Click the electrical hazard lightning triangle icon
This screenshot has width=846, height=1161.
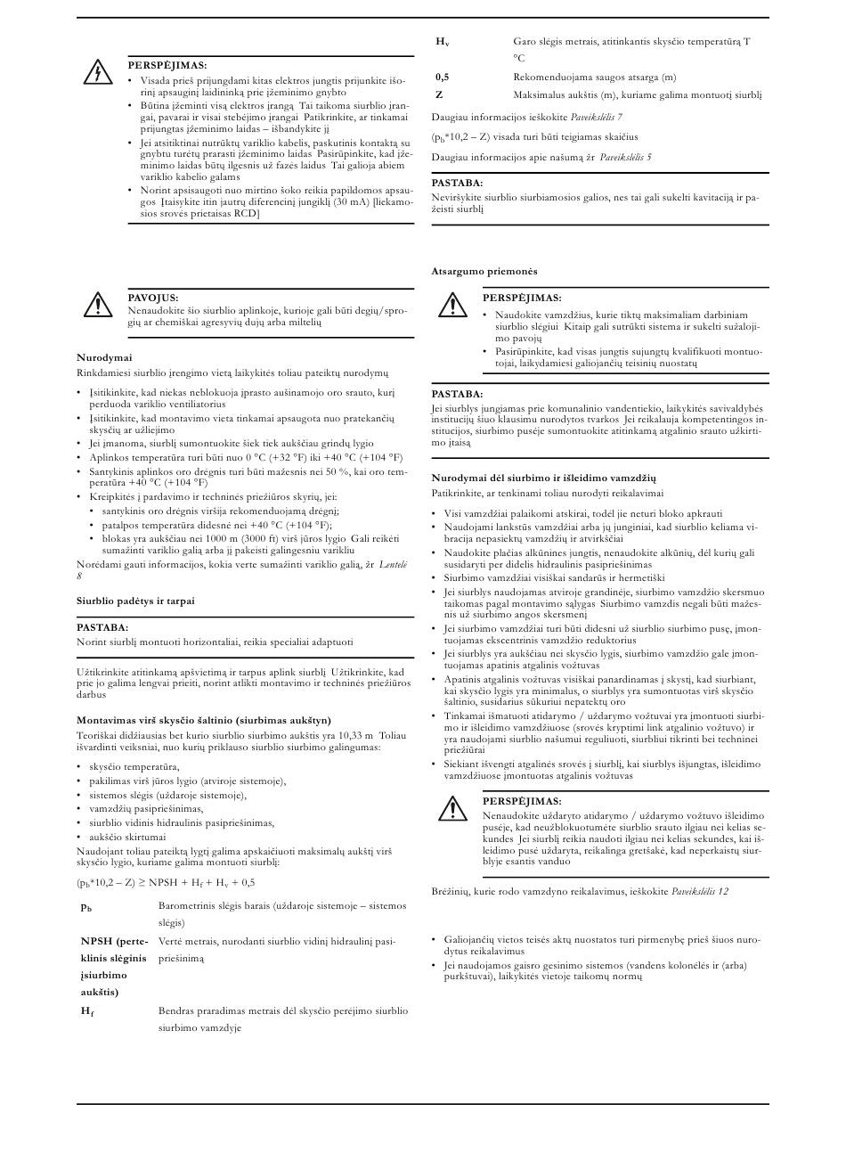click(96, 73)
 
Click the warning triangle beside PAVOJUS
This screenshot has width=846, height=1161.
click(96, 306)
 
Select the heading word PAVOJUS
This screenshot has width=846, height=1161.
click(153, 298)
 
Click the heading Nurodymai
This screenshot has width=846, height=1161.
click(104, 357)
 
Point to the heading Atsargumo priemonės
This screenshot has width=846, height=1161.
click(484, 271)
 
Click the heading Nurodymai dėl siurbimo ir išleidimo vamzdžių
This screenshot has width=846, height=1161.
click(543, 478)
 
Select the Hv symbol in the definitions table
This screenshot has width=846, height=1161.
click(443, 42)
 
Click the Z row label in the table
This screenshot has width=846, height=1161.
click(439, 94)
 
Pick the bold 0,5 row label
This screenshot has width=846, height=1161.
click(442, 78)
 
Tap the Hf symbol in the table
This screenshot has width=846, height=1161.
click(87, 1011)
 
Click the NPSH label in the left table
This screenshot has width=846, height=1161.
click(98, 941)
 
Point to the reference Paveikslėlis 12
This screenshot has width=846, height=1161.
click(700, 891)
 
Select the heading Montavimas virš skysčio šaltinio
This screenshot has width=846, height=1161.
click(204, 720)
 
